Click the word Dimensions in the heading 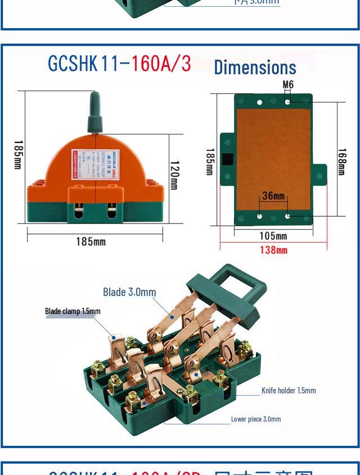(255, 68)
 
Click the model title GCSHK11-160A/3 (119, 64)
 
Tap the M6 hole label (288, 85)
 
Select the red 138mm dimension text (273, 250)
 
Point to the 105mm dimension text (273, 236)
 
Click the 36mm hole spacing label (273, 196)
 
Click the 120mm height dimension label (174, 175)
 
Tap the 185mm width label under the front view (91, 241)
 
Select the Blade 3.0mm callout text (129, 292)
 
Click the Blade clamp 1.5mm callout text (73, 311)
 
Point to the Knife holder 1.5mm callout (289, 391)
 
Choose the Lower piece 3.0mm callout (256, 419)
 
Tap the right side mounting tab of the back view (319, 176)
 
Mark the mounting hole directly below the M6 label (288, 102)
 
